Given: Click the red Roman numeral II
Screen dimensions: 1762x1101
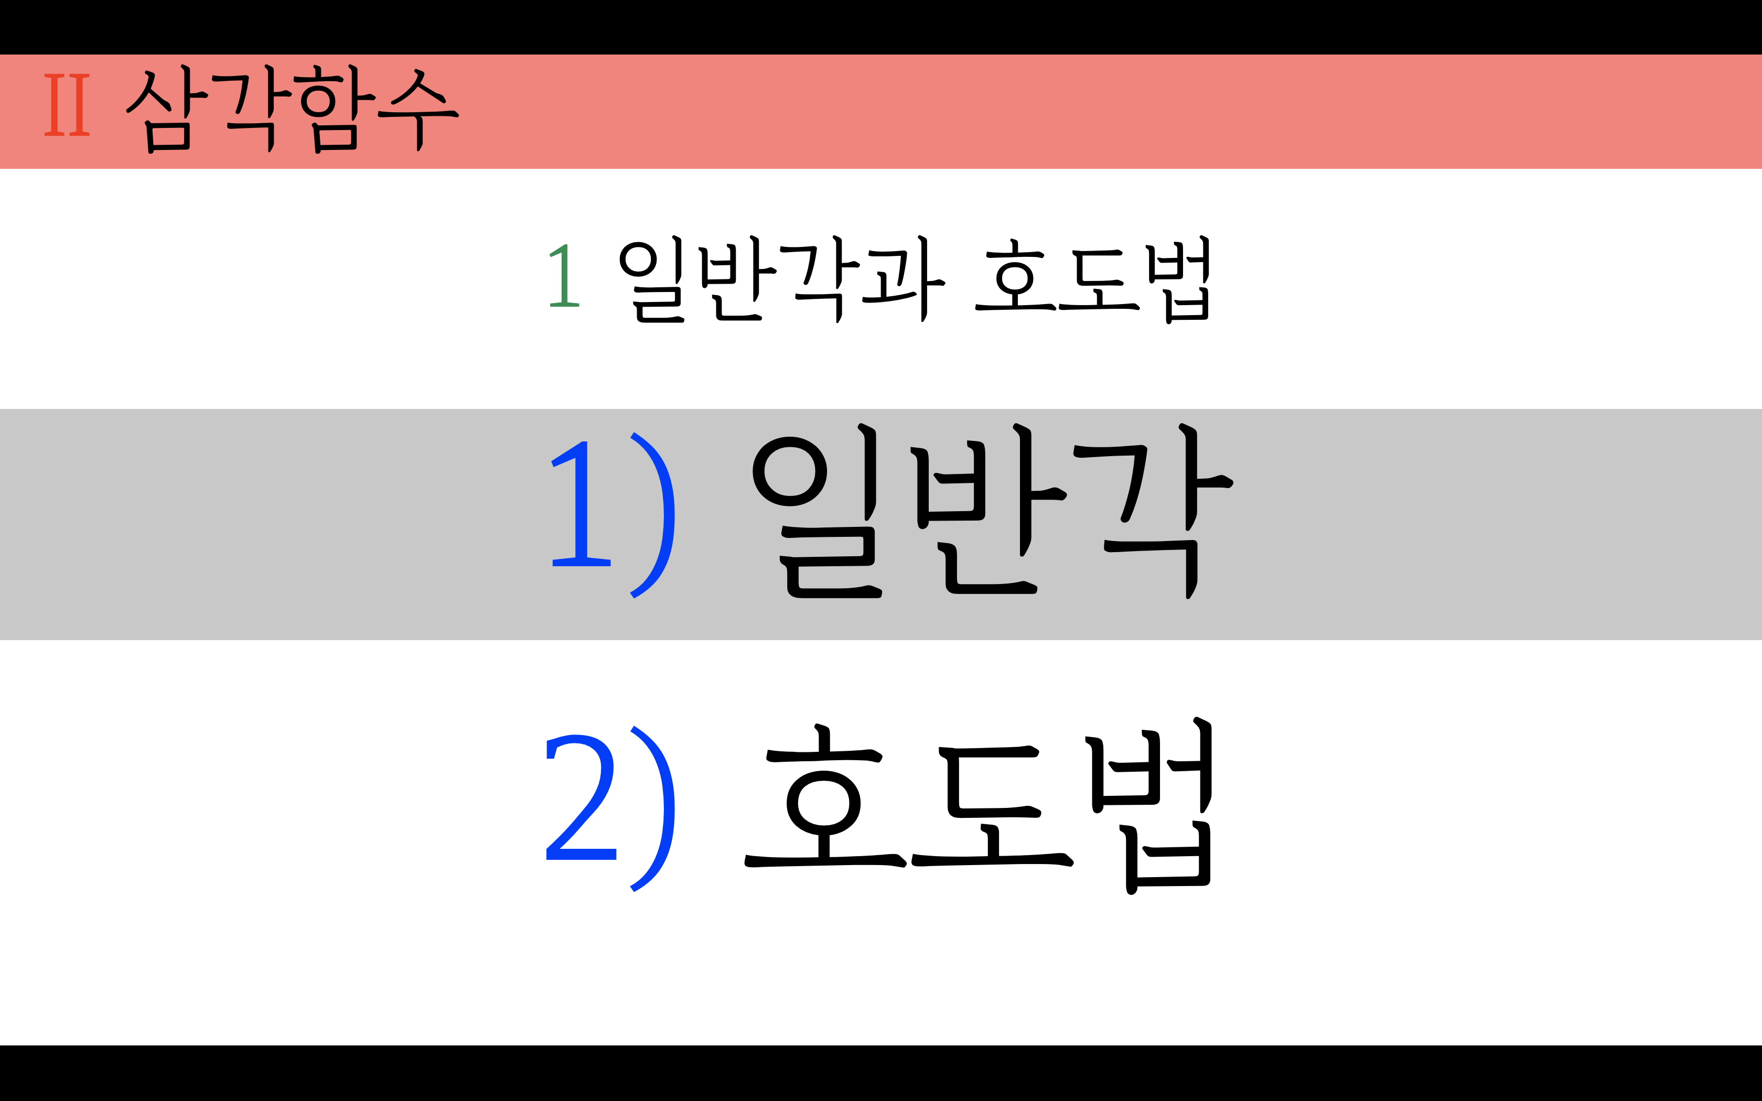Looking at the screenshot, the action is [x=67, y=105].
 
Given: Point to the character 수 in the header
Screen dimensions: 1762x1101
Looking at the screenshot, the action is [x=418, y=109].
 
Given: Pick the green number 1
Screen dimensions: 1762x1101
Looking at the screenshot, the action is [x=564, y=277].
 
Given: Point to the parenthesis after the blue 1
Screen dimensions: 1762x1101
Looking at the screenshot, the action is [x=652, y=515].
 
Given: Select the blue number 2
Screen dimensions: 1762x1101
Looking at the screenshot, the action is [x=581, y=797].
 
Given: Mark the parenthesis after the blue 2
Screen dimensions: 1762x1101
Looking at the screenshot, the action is [x=652, y=808].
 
